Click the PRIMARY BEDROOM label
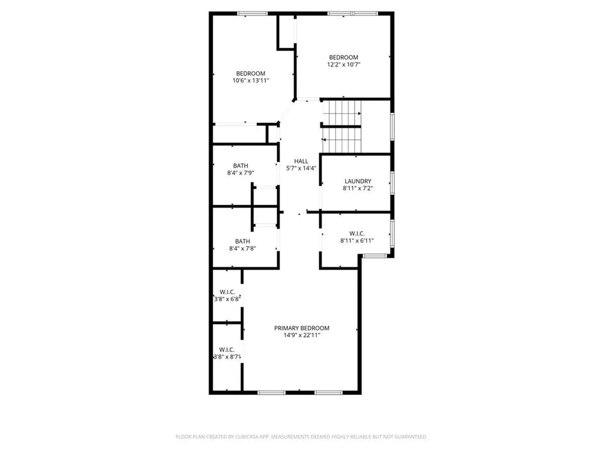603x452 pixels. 301,328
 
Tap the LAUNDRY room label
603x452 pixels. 357,181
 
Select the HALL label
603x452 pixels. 301,161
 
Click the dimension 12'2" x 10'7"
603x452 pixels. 343,65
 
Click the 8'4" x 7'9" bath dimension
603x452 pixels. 241,173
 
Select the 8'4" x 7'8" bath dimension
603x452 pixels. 242,249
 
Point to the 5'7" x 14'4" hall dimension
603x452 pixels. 301,168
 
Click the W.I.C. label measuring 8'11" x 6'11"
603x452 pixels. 357,233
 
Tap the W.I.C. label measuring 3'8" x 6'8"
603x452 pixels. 227,292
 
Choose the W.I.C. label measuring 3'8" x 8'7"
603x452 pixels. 227,349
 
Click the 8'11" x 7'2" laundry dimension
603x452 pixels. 357,188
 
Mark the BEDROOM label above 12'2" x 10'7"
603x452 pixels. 343,57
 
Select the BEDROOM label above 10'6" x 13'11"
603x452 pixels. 251,73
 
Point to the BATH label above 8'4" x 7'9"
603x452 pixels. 241,165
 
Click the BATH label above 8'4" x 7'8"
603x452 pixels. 242,241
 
